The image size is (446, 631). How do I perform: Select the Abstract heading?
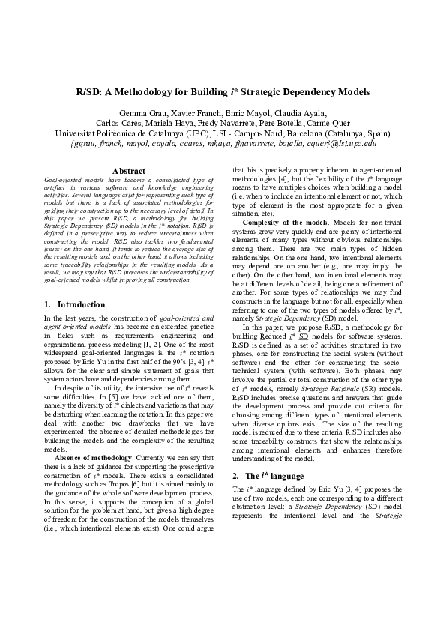coord(127,172)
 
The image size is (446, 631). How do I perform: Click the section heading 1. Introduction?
coord(75,304)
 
